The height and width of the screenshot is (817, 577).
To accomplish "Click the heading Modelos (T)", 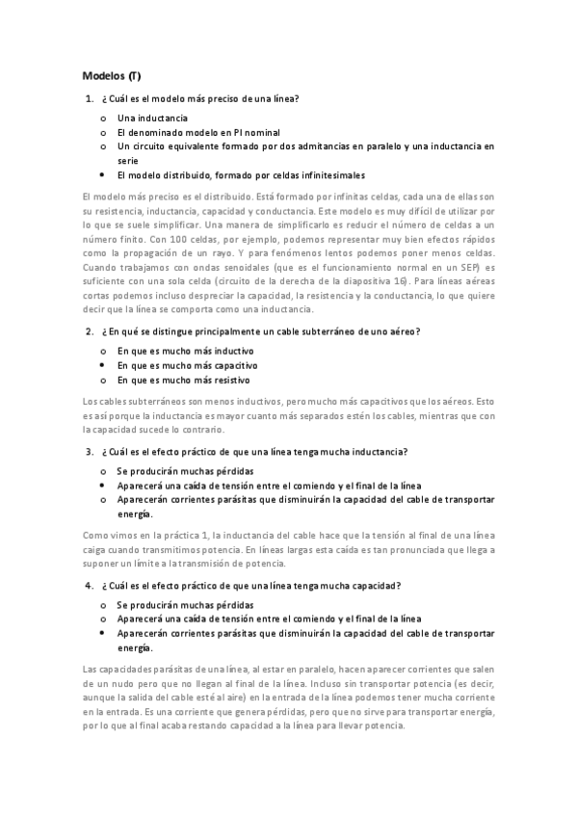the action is (112, 75).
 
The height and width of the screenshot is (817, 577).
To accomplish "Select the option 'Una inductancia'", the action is (152, 117).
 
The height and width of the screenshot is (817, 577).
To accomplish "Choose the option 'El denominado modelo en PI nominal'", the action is (197, 131).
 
